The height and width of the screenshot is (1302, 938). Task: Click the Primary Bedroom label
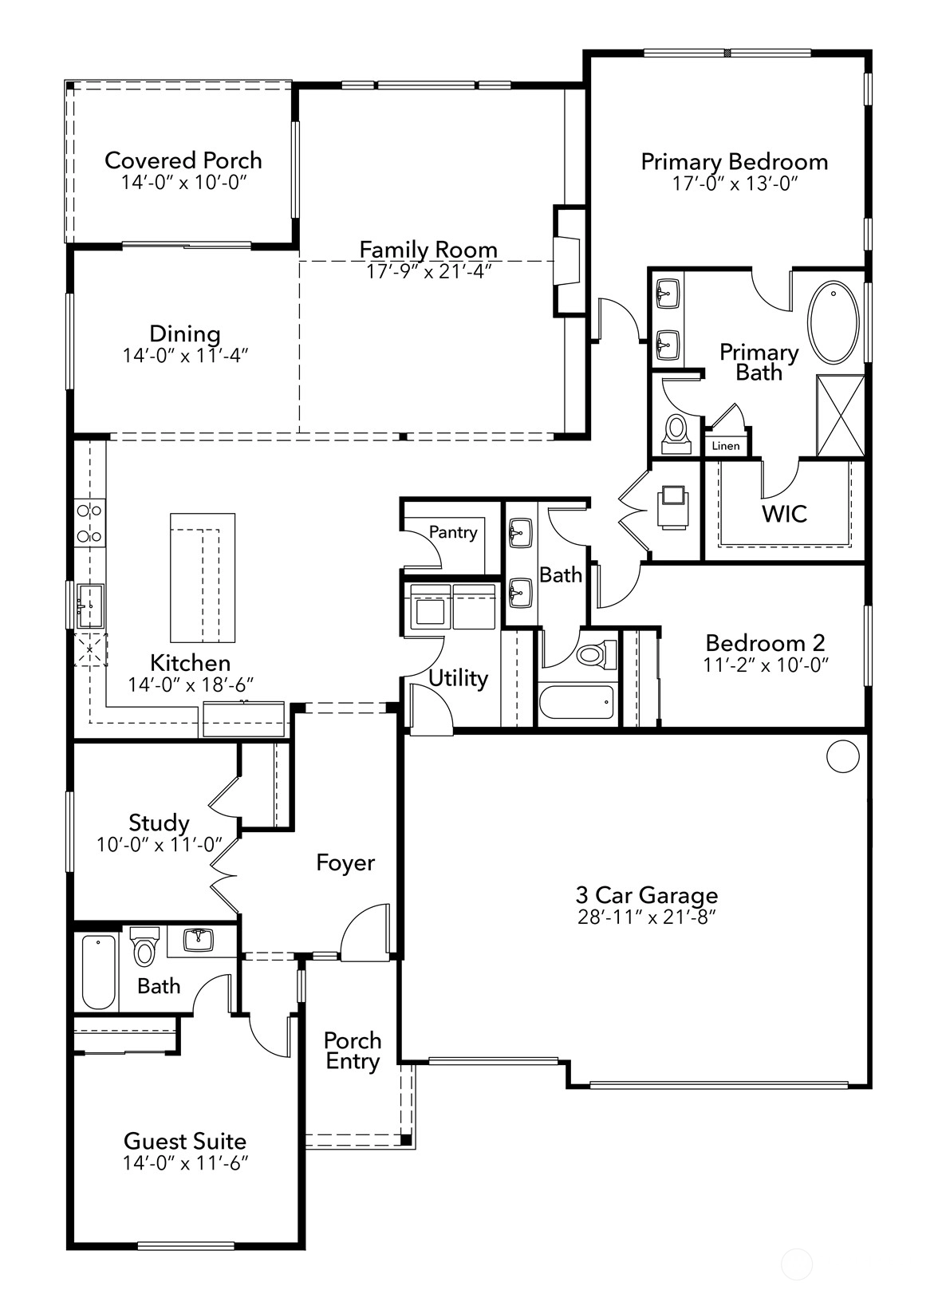click(735, 162)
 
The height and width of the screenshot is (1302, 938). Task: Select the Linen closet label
click(726, 446)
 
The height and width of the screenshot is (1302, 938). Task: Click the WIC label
click(785, 514)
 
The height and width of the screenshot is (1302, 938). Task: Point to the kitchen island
click(203, 578)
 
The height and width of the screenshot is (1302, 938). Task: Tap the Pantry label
click(453, 532)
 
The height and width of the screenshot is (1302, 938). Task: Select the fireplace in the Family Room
click(567, 261)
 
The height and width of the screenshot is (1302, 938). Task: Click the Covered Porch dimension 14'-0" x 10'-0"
click(184, 182)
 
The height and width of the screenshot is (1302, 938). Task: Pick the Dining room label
click(185, 333)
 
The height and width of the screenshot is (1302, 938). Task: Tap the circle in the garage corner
click(843, 756)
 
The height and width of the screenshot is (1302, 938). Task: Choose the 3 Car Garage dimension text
click(646, 917)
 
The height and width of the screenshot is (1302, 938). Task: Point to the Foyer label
click(345, 862)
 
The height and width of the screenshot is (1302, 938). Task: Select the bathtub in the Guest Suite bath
click(99, 972)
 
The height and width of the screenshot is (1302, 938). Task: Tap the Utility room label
click(459, 678)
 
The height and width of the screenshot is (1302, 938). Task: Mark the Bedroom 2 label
click(766, 643)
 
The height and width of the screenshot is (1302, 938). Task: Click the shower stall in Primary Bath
click(841, 416)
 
